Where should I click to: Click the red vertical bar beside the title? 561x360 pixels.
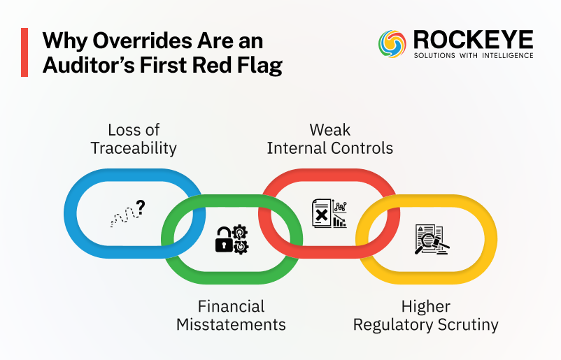pos(24,52)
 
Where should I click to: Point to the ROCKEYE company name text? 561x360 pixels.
pos(472,39)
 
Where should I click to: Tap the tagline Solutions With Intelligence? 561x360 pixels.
pos(472,55)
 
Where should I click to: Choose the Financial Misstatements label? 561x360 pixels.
pos(231,315)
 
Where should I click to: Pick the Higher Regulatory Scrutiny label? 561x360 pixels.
pos(425,315)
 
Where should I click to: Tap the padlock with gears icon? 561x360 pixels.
pos(231,238)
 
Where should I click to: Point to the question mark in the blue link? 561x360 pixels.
pos(141,206)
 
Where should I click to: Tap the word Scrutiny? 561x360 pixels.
pos(463,324)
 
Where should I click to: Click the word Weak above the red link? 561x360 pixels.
pos(330,129)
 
